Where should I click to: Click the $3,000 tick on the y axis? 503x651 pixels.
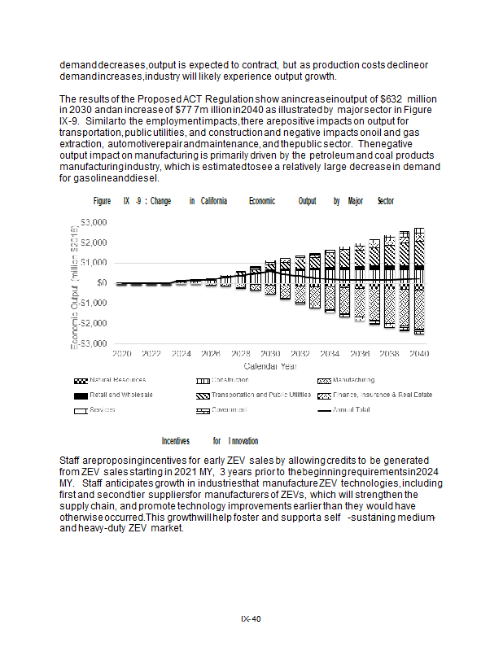click(94, 222)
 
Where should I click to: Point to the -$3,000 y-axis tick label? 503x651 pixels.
click(93, 343)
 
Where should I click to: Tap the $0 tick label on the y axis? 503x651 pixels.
click(101, 282)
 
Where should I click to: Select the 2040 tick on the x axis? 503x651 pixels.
click(419, 354)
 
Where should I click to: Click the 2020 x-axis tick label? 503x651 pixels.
click(122, 354)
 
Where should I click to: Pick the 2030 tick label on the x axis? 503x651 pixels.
click(270, 354)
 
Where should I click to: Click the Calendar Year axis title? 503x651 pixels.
click(271, 366)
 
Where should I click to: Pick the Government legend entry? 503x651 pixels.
click(230, 409)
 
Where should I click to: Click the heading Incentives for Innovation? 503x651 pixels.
click(210, 441)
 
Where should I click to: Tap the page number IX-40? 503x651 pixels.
click(251, 619)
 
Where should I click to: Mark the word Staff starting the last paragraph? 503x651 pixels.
click(71, 461)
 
